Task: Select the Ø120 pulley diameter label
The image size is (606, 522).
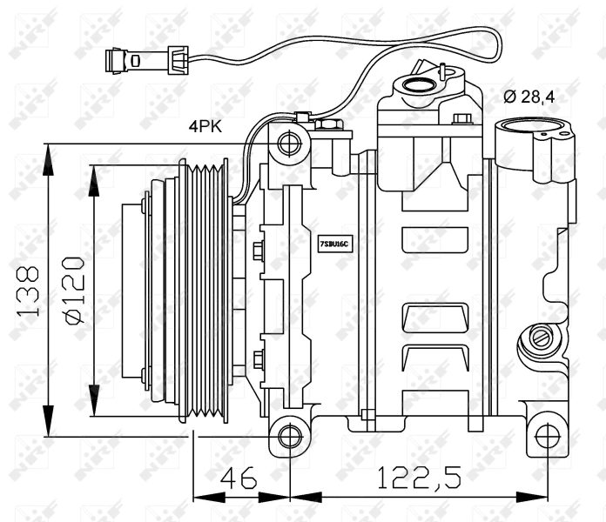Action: (x=75, y=291)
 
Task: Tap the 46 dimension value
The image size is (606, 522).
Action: (x=239, y=477)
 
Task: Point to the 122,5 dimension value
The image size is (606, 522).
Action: (x=419, y=477)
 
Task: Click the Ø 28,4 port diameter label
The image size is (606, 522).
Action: (x=529, y=97)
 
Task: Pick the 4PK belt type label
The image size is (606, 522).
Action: (x=205, y=126)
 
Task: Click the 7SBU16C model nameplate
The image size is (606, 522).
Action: (x=334, y=244)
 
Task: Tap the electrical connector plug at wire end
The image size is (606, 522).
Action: (x=147, y=60)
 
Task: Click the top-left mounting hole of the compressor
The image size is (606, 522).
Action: (x=289, y=144)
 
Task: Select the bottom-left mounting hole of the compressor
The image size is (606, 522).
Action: (x=290, y=437)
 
